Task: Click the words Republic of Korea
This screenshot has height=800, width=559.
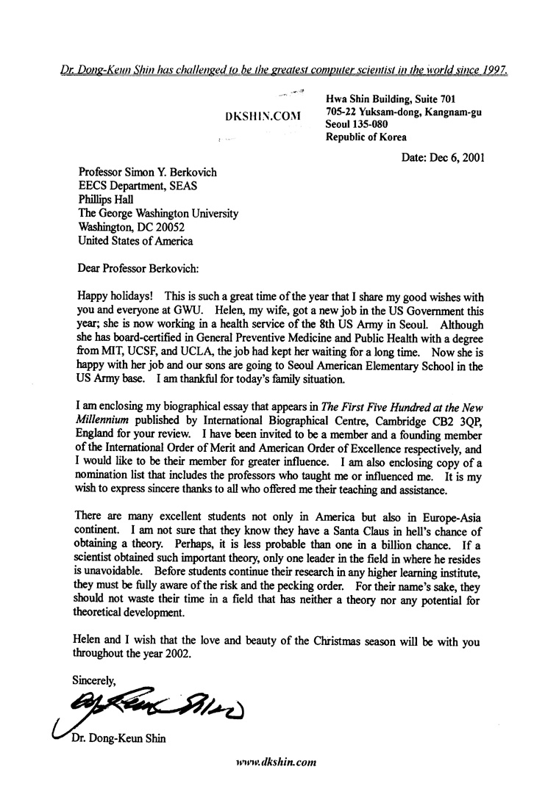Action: tap(366, 137)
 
